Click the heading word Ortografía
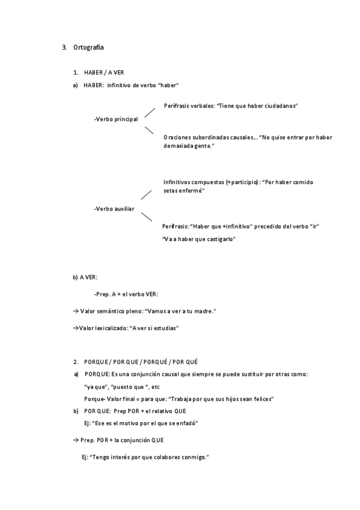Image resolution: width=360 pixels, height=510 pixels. pyautogui.click(x=90, y=47)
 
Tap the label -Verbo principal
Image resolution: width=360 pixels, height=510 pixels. pyautogui.click(x=116, y=119)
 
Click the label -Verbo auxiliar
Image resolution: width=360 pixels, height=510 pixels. pyautogui.click(x=114, y=209)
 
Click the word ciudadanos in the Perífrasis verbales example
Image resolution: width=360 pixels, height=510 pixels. pyautogui.click(x=278, y=106)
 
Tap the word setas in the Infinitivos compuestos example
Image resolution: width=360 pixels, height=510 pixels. pyautogui.click(x=170, y=190)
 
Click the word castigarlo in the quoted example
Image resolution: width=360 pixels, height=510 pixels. pyautogui.click(x=220, y=239)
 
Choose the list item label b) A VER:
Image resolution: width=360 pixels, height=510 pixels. pyautogui.click(x=85, y=277)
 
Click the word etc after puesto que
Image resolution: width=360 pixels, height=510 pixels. pyautogui.click(x=156, y=386)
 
